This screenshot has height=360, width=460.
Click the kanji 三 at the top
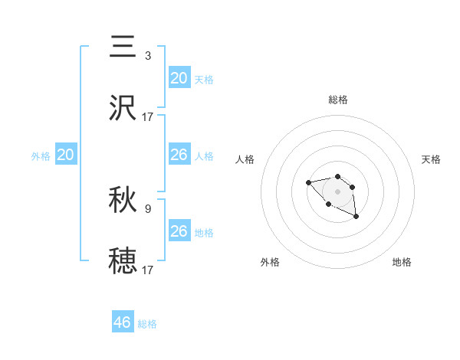[x=123, y=47]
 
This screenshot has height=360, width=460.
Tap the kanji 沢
[x=123, y=108]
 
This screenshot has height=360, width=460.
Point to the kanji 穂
[x=123, y=260]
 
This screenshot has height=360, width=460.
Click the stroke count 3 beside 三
[x=148, y=56]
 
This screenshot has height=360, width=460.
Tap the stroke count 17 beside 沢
[x=148, y=116]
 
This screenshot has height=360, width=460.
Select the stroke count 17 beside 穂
[x=148, y=270]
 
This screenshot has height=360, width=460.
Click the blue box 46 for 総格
[x=123, y=322]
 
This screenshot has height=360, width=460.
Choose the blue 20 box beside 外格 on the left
[x=66, y=155]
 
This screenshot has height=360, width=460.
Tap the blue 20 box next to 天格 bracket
[x=179, y=78]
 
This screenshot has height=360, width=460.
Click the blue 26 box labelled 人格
[x=179, y=155]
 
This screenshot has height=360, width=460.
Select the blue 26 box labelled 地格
[x=179, y=231]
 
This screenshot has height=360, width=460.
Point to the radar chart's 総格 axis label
[x=338, y=100]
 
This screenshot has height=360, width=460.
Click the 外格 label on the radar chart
[x=270, y=262]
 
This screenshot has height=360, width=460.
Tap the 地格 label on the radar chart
[x=402, y=262]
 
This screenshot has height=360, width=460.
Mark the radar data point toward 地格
[x=356, y=218]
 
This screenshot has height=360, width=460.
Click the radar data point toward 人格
[x=308, y=182]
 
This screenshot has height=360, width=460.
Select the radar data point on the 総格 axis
[x=338, y=176]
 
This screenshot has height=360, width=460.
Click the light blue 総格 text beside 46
[x=147, y=324]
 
